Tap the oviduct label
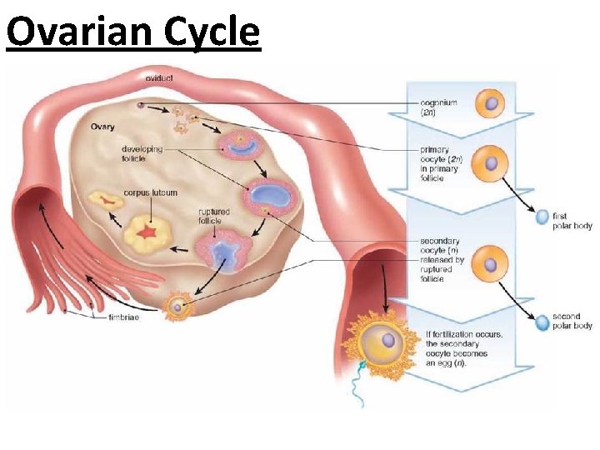pyautogui.click(x=159, y=77)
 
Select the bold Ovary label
pyautogui.click(x=102, y=127)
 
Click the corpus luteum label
pyautogui.click(x=150, y=192)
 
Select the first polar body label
pyautogui.click(x=572, y=221)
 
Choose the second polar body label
pyautogui.click(x=572, y=322)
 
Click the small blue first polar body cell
pyautogui.click(x=542, y=217)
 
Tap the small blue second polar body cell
pyautogui.click(x=542, y=319)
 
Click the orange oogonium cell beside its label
pyautogui.click(x=491, y=104)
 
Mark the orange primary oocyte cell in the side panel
pyautogui.click(x=491, y=162)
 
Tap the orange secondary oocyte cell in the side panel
pyautogui.click(x=491, y=264)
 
